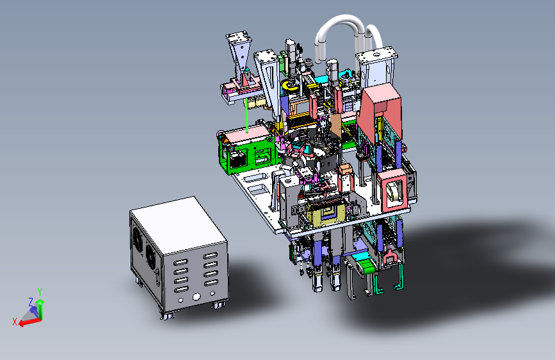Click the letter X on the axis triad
click(15, 322)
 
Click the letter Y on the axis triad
click(40, 291)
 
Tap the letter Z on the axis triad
click(31, 302)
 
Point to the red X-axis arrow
click(29, 322)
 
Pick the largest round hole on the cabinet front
click(197, 297)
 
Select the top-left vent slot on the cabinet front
click(181, 262)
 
